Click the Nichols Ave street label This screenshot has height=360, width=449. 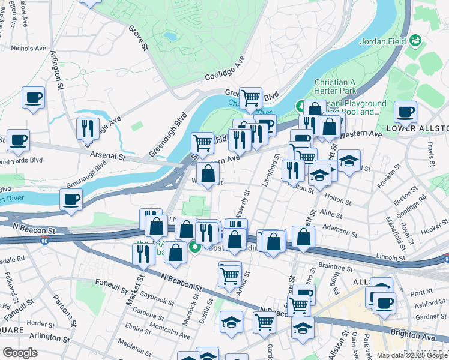point(28,49)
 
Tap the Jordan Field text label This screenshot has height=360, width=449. point(383,41)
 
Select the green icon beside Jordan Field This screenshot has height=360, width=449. point(415,41)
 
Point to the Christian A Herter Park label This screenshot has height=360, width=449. point(336,86)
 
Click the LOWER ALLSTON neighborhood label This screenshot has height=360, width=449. point(418,129)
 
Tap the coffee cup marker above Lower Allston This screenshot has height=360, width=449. point(406,112)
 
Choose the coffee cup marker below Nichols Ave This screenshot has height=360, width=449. point(33,98)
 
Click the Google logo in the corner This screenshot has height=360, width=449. point(20,353)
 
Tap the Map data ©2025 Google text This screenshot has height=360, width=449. point(412,355)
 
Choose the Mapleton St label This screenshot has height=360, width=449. point(134,347)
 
